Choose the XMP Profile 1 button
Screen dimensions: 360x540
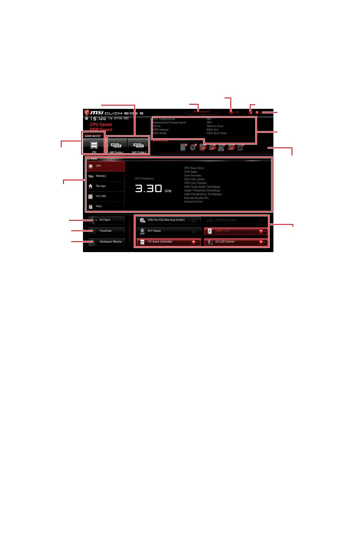pyautogui.click(x=117, y=145)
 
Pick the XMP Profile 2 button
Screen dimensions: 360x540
pyautogui.click(x=138, y=145)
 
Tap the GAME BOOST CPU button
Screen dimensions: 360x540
pyautogui.click(x=94, y=145)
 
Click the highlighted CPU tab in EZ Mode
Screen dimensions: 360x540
pyautogui.click(x=106, y=166)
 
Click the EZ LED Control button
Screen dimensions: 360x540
pyautogui.click(x=236, y=242)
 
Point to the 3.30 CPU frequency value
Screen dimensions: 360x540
pyautogui.click(x=149, y=189)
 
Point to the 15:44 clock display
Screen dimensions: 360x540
pyautogui.click(x=96, y=119)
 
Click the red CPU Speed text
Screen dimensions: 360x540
pyautogui.click(x=101, y=125)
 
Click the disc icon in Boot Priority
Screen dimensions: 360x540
pyautogui.click(x=193, y=147)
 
